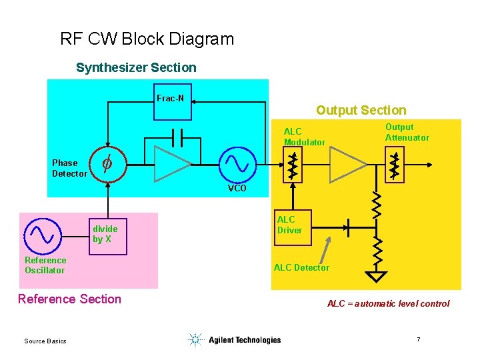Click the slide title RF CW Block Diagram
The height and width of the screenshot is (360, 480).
click(147, 39)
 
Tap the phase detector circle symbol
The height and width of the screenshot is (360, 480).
click(106, 164)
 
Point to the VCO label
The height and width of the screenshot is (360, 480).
click(237, 189)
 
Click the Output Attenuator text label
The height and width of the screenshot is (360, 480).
click(407, 132)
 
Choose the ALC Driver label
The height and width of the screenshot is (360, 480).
click(289, 225)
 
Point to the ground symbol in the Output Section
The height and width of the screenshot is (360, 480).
click(377, 275)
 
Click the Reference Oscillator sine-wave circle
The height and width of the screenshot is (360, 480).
click(43, 235)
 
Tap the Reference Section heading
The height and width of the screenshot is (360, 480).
click(70, 299)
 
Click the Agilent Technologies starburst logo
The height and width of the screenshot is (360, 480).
click(195, 340)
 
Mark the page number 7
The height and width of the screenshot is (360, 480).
click(418, 340)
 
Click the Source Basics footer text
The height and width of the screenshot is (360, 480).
click(45, 341)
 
